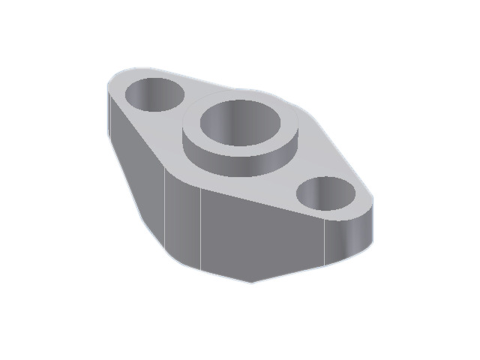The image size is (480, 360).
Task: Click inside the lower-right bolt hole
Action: pos(326,195)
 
